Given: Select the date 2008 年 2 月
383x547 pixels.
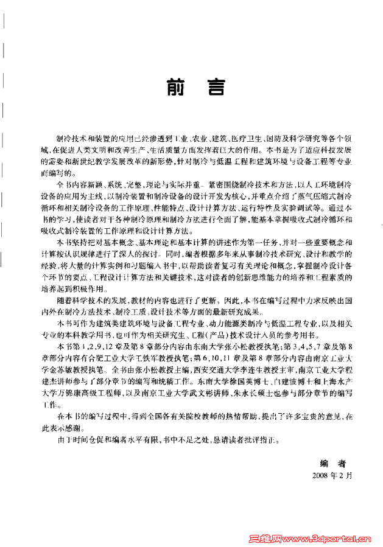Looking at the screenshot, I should [331, 473].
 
